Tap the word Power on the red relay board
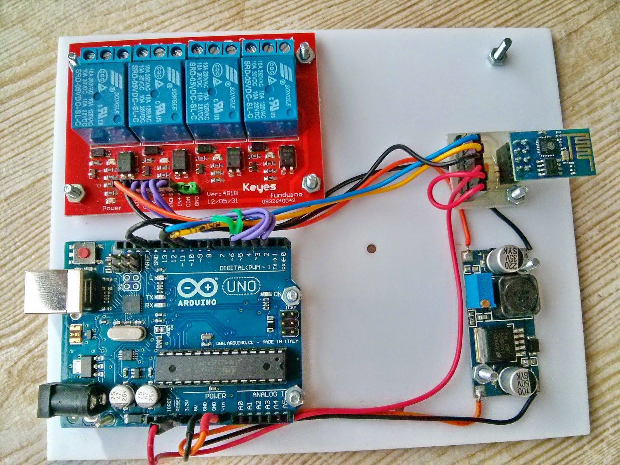coord(112,208)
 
